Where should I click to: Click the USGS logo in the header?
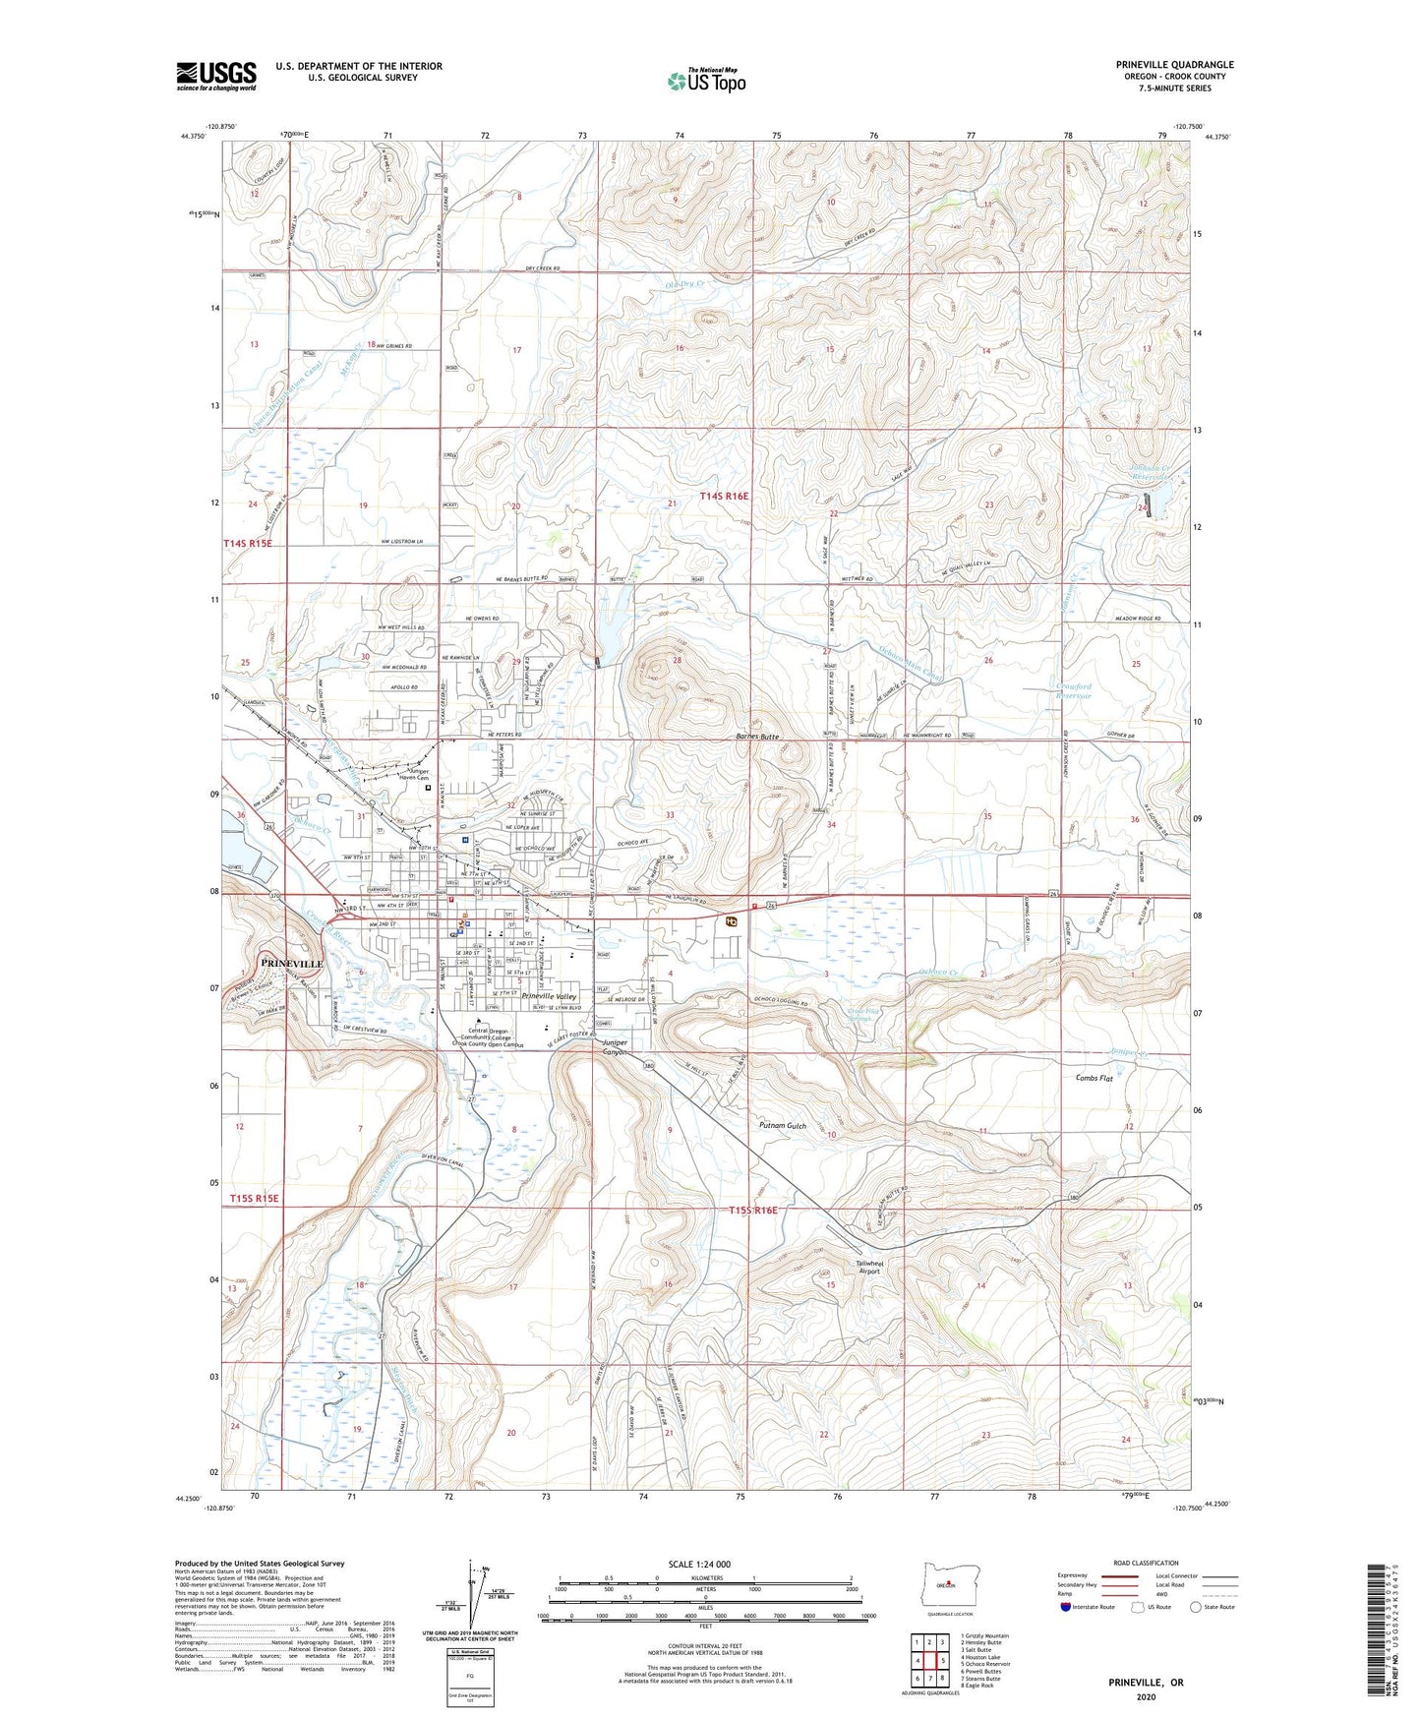[x=216, y=76]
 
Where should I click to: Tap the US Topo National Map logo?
[x=705, y=80]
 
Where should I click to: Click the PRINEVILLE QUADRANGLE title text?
[x=1174, y=65]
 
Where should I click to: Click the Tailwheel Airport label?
[x=869, y=1267]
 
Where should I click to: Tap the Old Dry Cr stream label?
[x=683, y=286]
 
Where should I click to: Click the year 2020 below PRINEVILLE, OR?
[x=1146, y=1696]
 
